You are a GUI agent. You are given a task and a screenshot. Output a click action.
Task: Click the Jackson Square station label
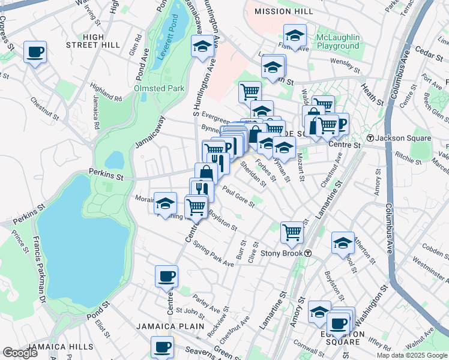tap(407, 138)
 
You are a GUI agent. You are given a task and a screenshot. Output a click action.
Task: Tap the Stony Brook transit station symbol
tap(307, 253)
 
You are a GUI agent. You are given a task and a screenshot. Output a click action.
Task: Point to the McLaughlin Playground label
tap(338, 41)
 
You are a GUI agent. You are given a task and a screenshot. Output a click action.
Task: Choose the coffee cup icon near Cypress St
tap(35, 52)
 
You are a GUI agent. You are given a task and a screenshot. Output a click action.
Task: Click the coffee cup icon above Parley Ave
tap(166, 277)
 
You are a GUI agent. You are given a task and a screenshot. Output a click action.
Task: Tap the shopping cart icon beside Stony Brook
tap(292, 231)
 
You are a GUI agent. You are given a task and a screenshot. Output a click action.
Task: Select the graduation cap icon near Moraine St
tap(165, 203)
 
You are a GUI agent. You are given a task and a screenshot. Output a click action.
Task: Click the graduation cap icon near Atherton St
tap(343, 242)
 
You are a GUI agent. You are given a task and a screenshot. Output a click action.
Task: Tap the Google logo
tap(20, 353)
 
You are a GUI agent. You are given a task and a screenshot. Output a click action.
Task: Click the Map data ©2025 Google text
tap(411, 355)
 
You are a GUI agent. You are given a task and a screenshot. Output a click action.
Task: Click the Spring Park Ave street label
tap(214, 257)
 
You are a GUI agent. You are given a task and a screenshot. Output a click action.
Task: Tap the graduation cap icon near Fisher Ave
tap(295, 35)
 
